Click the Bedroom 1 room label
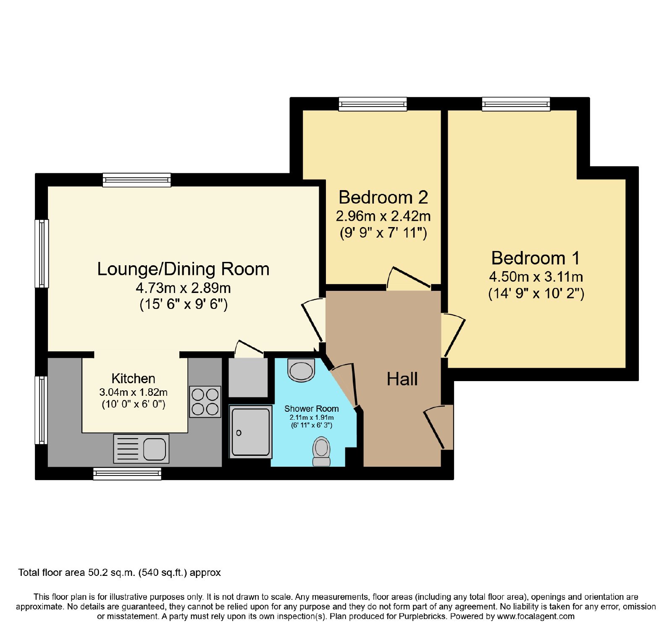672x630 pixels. (x=535, y=258)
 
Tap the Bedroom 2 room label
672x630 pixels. (x=383, y=197)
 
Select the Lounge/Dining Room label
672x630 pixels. (x=183, y=269)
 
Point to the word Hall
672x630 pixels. (x=402, y=379)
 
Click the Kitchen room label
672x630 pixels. (x=134, y=379)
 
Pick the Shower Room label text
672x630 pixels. (x=311, y=408)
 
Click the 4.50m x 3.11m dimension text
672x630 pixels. (x=536, y=277)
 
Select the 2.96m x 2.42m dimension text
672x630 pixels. (x=383, y=216)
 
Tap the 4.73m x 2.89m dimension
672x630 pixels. (x=183, y=288)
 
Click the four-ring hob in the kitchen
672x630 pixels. (x=205, y=402)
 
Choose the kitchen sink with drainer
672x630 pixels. (x=141, y=449)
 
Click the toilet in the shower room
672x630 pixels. (x=322, y=451)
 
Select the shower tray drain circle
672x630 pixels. (x=239, y=433)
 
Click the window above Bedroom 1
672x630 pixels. (x=516, y=104)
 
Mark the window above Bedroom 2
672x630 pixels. (x=373, y=104)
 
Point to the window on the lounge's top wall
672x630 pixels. (x=137, y=180)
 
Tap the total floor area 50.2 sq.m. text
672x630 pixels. (x=119, y=572)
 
